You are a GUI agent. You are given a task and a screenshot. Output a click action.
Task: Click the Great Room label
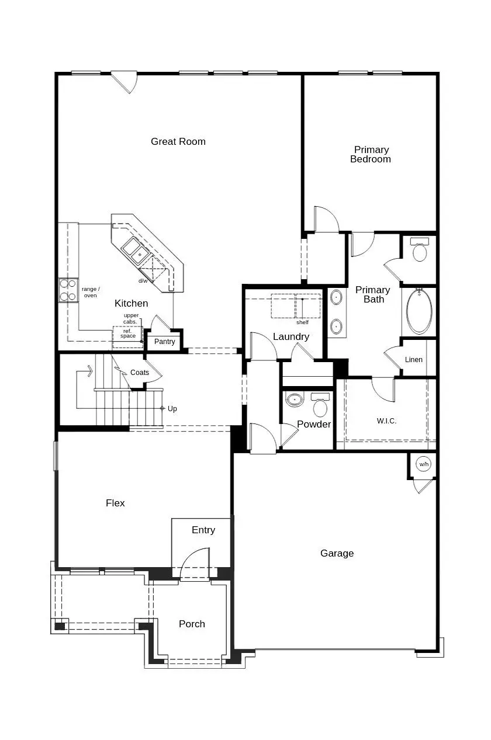(178, 141)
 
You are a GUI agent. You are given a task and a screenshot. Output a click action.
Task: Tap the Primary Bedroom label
(371, 154)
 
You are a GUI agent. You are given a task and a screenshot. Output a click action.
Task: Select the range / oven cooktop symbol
(68, 290)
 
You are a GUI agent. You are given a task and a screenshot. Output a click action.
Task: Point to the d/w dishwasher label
(143, 281)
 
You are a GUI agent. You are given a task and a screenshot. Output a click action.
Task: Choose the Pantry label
(165, 342)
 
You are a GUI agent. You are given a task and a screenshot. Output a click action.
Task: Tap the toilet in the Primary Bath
(420, 250)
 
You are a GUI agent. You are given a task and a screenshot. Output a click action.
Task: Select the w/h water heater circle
(423, 464)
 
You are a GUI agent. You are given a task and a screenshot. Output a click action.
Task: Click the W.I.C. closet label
(386, 421)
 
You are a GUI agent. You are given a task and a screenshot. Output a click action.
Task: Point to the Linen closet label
(414, 360)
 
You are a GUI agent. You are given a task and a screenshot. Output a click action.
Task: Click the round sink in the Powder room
(295, 400)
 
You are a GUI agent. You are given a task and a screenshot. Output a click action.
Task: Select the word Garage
(337, 553)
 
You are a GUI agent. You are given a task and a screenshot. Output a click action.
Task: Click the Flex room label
(115, 503)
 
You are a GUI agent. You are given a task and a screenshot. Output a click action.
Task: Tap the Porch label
(192, 624)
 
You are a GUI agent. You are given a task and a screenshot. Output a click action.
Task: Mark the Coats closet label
(140, 373)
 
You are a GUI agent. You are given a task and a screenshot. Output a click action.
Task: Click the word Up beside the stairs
(172, 409)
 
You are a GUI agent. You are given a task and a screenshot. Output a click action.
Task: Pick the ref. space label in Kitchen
(128, 333)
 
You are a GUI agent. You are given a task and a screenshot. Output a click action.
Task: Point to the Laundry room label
(291, 336)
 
